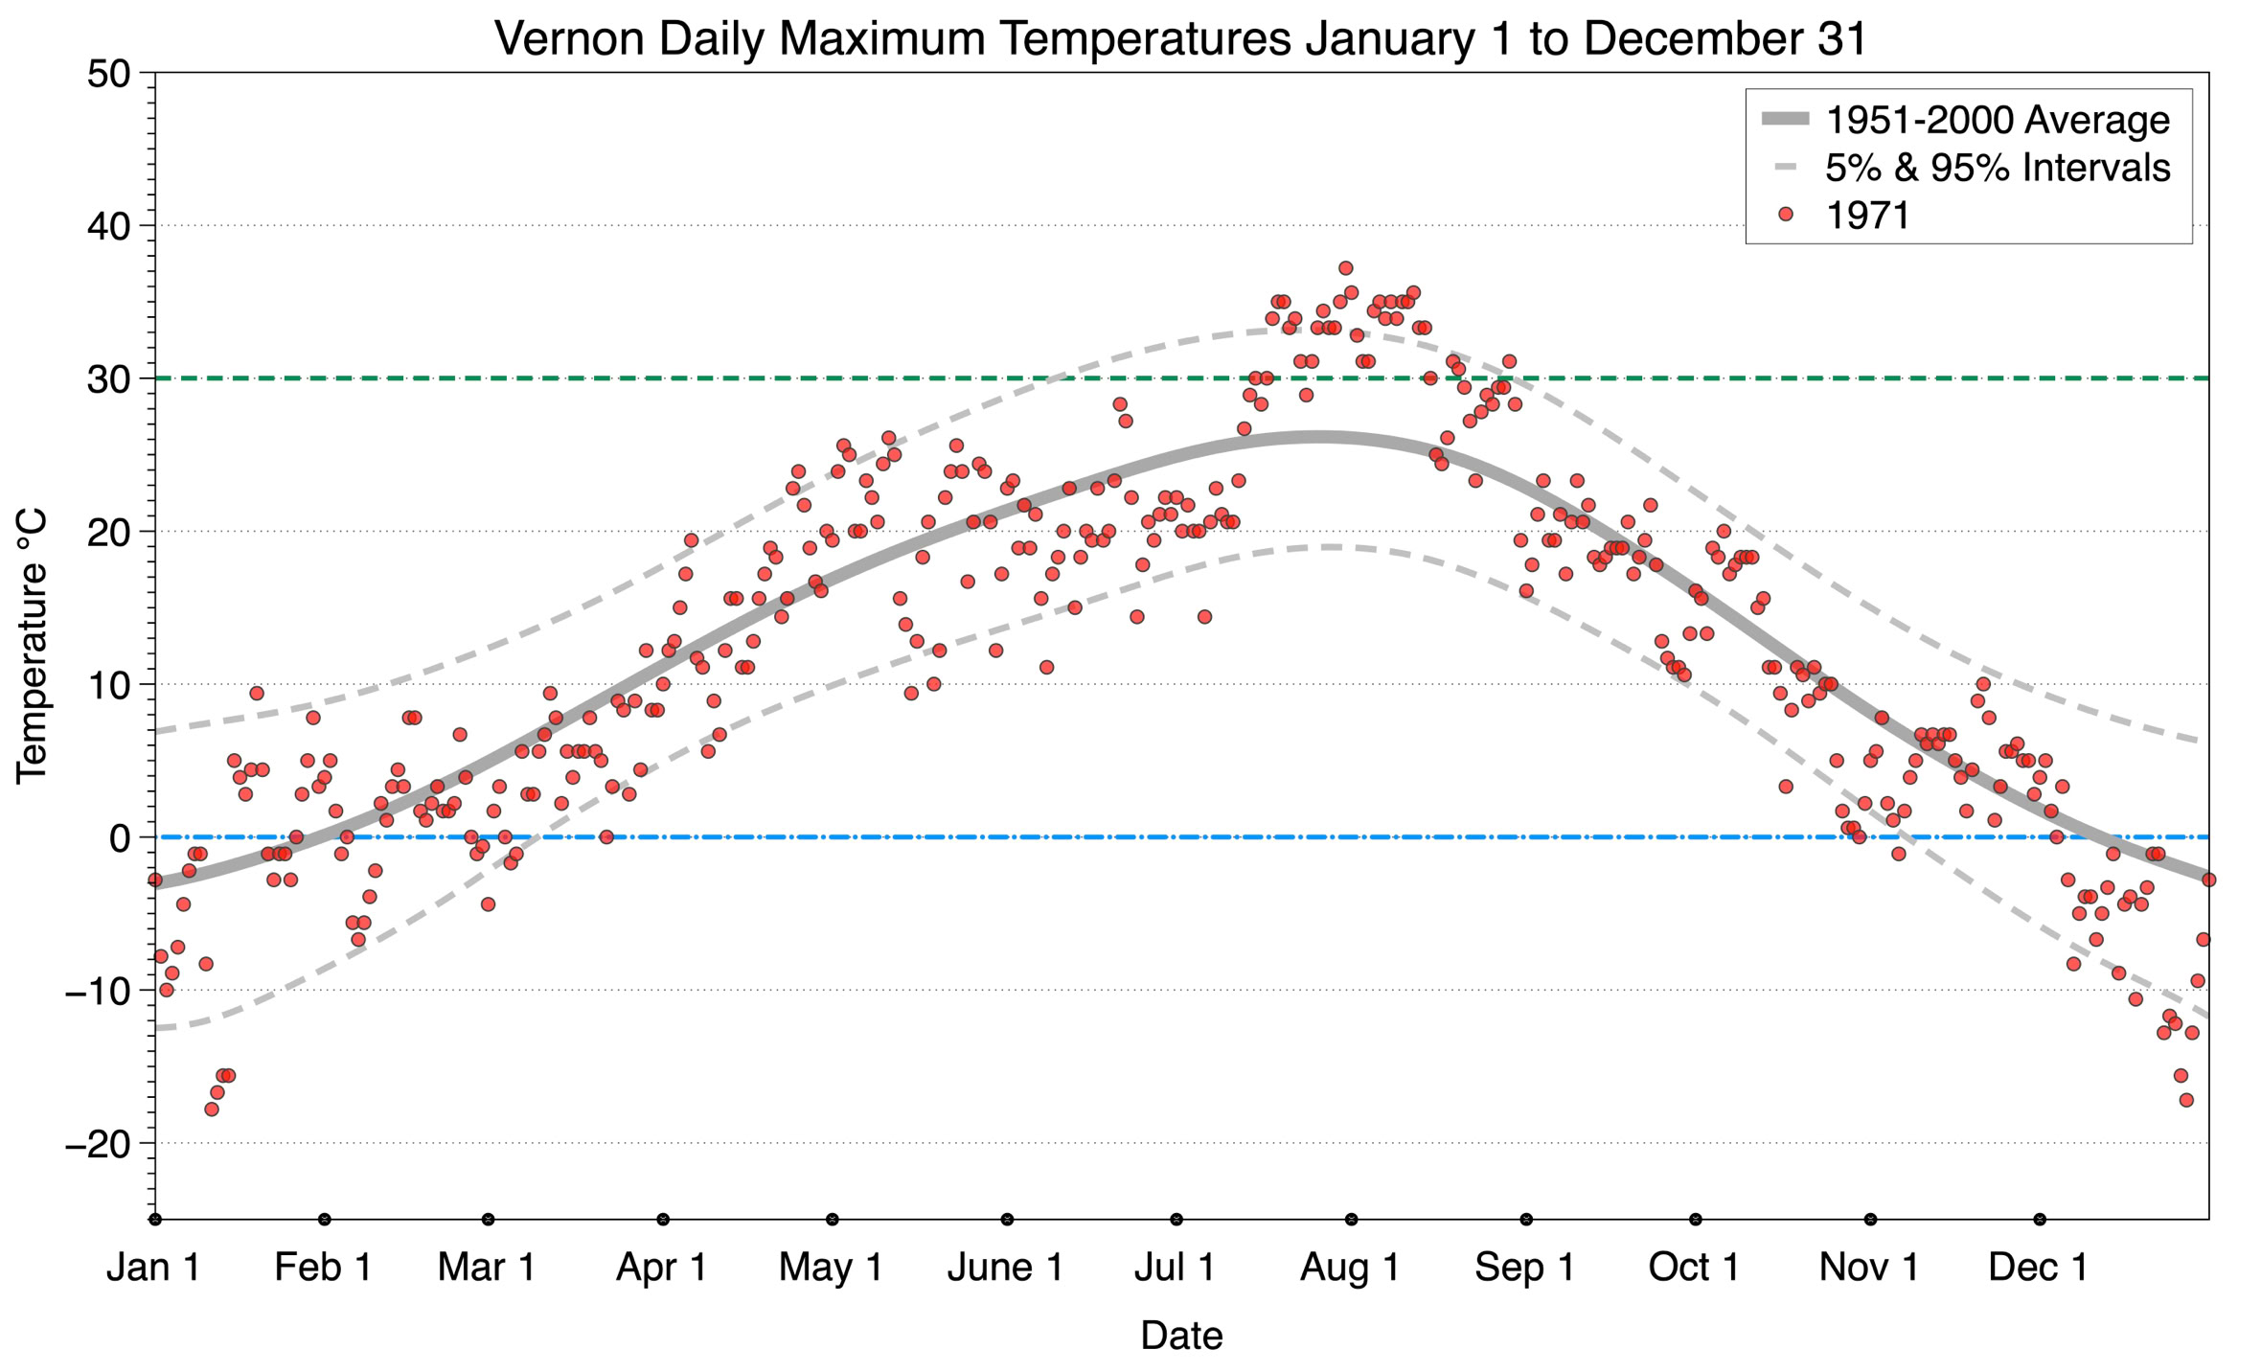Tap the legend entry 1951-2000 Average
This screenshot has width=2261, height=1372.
coord(1997,121)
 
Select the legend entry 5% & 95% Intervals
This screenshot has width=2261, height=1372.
coord(1997,168)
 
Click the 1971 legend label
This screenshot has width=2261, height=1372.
coord(1867,216)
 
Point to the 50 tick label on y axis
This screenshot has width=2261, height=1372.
coord(108,74)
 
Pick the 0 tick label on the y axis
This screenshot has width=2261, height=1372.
coord(120,838)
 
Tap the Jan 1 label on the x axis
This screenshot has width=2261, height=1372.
coord(153,1268)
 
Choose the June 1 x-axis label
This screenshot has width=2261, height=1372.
coord(1005,1268)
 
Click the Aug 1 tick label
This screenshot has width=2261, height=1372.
coord(1350,1268)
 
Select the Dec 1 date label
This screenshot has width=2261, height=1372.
coord(2039,1268)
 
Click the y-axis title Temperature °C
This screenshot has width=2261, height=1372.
coord(32,646)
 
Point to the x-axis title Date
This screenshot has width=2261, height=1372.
coord(1181,1336)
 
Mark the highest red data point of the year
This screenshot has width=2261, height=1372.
coord(1345,268)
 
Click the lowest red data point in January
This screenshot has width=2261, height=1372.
coord(212,1109)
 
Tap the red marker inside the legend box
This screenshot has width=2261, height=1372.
coord(1785,216)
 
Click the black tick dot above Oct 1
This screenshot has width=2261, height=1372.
coord(1696,1220)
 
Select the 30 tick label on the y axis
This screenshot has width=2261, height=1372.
coord(108,379)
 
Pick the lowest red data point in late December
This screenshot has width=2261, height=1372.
coord(2186,1100)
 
